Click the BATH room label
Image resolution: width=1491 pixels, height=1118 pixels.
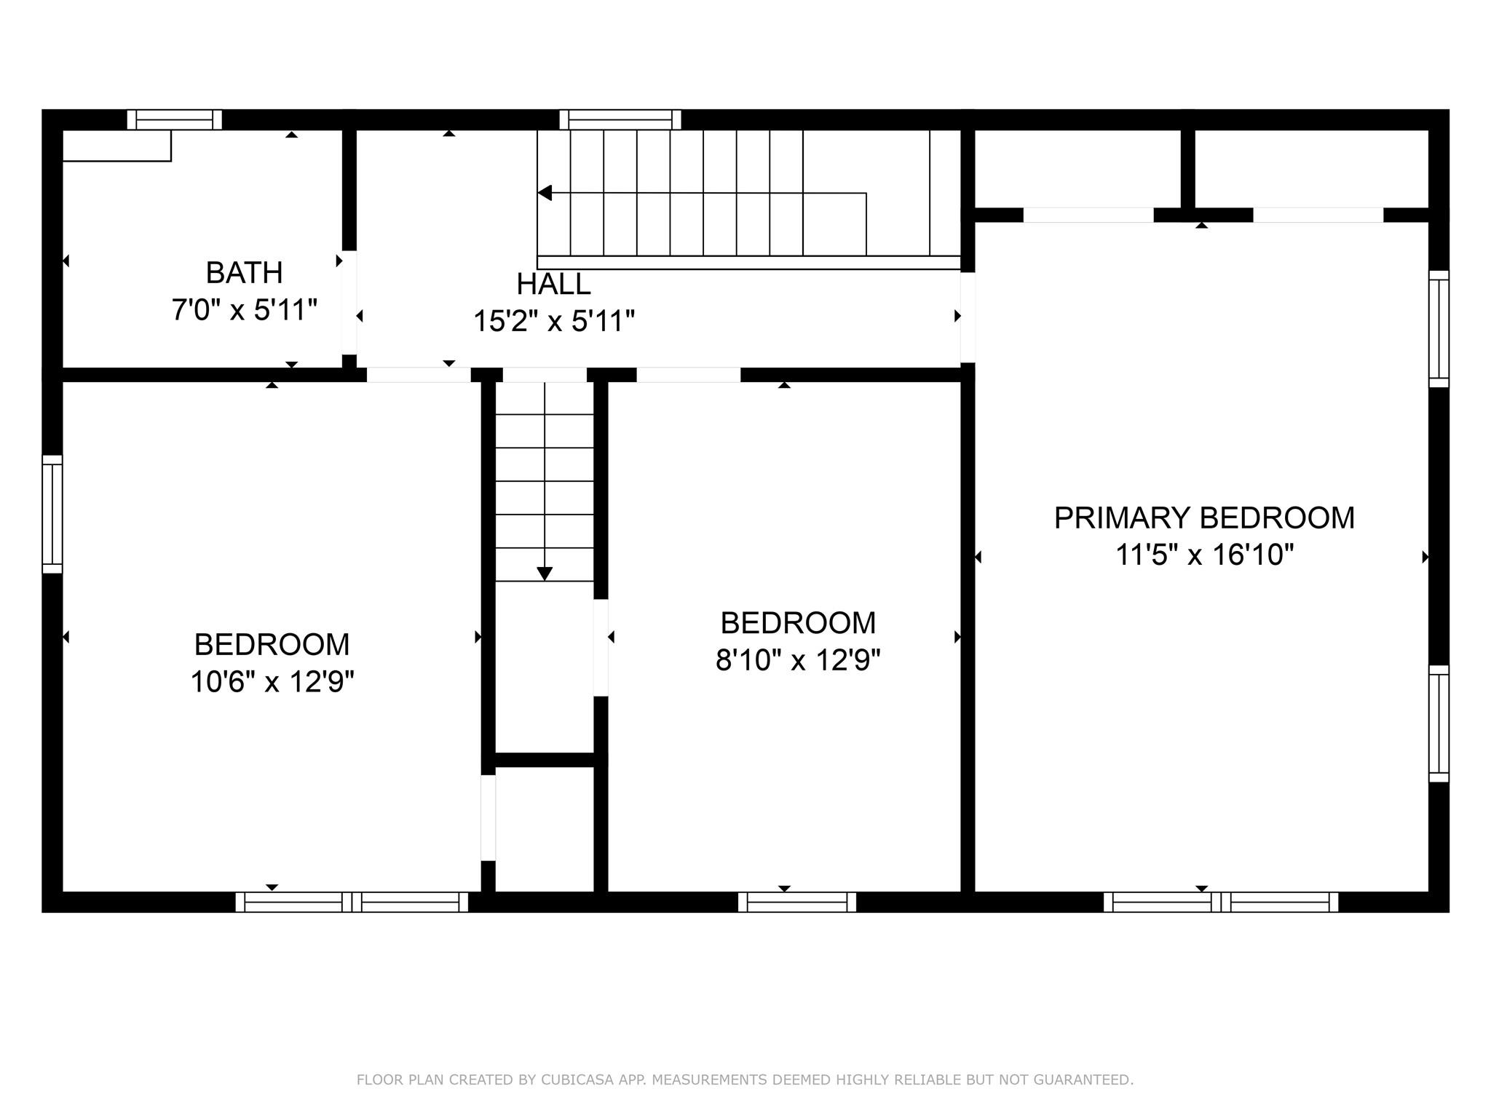[x=244, y=273]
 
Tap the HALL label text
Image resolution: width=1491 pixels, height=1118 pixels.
[x=553, y=284]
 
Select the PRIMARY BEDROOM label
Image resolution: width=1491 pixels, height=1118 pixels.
[x=1204, y=518]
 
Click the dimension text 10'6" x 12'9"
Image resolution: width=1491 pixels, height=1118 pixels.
[x=272, y=683]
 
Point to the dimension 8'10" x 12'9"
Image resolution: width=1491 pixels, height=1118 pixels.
[x=798, y=661]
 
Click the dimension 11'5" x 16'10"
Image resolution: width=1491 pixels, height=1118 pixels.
[x=1204, y=555]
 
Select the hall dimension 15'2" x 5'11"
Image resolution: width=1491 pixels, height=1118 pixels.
[x=553, y=321]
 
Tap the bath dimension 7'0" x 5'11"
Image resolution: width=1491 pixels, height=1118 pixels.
[x=244, y=310]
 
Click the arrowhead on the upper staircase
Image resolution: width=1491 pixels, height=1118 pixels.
[x=545, y=193]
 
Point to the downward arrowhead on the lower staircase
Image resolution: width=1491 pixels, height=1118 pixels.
[x=545, y=574]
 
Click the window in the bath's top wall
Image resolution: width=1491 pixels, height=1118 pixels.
[x=174, y=119]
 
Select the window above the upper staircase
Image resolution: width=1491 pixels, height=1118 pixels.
[x=620, y=119]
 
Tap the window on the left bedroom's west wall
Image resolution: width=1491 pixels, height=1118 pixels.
[x=52, y=514]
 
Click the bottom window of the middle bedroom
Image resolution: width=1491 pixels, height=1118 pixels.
[x=797, y=902]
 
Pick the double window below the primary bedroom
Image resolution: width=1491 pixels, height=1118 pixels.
[x=1220, y=902]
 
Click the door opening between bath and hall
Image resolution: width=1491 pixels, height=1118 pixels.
[x=349, y=302]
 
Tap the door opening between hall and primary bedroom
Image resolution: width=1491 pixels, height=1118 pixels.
[x=968, y=317]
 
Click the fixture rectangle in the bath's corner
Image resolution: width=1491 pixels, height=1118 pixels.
[x=116, y=146]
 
